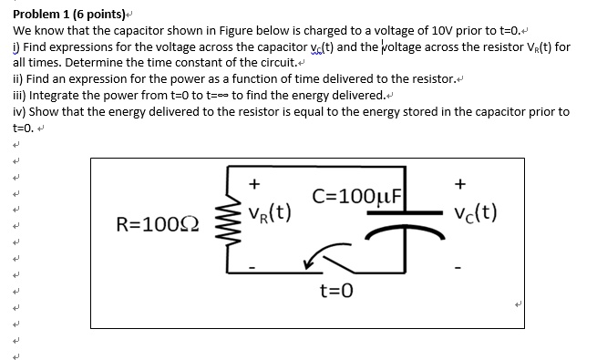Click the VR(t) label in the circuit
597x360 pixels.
tap(269, 215)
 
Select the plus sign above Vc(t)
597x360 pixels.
tap(460, 183)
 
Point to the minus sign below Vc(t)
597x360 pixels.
tap(461, 267)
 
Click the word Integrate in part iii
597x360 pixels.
tap(51, 95)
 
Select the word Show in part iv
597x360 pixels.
tap(44, 111)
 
